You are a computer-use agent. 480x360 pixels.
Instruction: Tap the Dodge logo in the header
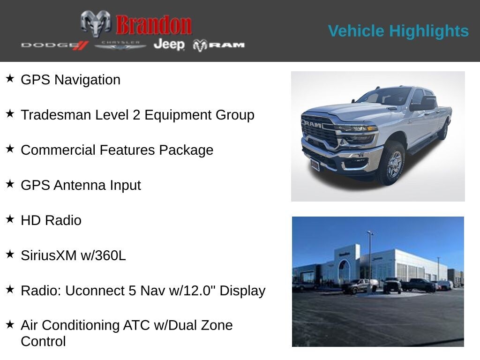tap(54, 45)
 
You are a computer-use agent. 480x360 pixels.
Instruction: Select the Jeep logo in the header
tap(169, 45)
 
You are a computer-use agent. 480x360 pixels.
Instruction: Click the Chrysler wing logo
tap(120, 45)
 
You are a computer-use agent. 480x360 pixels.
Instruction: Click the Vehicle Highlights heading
tap(398, 31)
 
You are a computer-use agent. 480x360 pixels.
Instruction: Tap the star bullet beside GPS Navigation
tap(10, 78)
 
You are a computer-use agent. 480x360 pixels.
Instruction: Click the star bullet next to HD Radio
tap(10, 219)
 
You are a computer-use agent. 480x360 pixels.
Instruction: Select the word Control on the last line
tap(43, 341)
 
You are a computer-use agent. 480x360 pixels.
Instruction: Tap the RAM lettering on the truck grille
tap(312, 124)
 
